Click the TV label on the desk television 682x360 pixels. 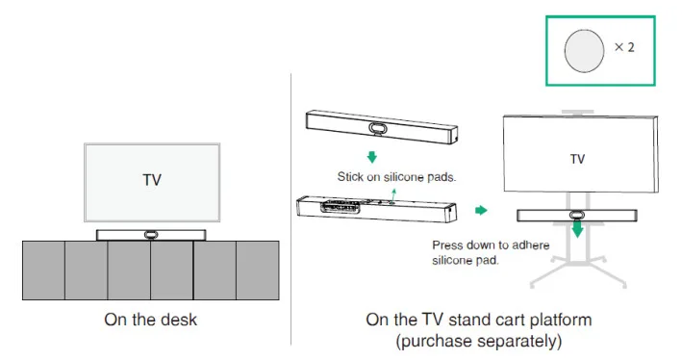point(152,180)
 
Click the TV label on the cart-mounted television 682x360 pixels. point(577,159)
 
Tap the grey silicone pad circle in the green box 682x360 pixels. point(584,51)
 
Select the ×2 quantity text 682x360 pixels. point(624,47)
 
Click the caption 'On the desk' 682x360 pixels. point(150,320)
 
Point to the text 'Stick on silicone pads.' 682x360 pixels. point(396,177)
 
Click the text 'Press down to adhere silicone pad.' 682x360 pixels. point(491,252)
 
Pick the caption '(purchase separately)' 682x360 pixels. point(479,341)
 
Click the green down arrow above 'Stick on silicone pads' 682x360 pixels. point(372,157)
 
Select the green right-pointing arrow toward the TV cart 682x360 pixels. point(481,211)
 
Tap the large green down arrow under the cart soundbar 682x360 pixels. point(577,228)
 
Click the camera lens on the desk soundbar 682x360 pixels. point(150,235)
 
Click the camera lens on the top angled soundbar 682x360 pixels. point(377,128)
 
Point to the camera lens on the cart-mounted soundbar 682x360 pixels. point(577,215)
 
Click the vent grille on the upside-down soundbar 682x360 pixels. point(341,206)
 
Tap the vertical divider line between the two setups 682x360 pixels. point(291,209)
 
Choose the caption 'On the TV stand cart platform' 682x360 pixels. point(479,320)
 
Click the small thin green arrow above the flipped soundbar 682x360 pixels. point(393,194)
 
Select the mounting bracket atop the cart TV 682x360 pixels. point(577,113)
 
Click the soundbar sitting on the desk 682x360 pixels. point(151,235)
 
